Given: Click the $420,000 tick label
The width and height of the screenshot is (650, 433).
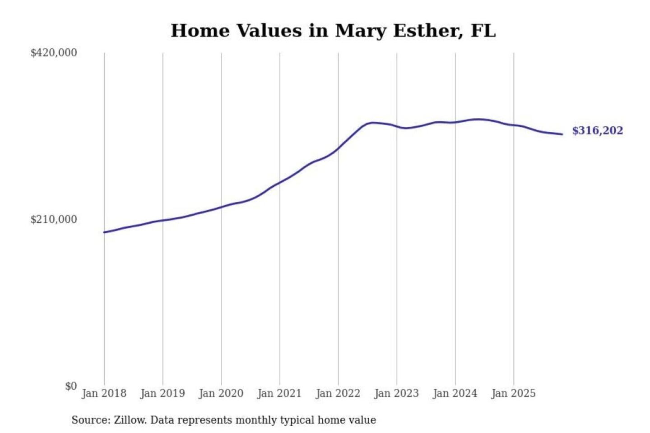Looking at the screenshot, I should tap(53, 53).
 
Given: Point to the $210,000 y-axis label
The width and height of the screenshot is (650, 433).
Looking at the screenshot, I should tap(53, 220).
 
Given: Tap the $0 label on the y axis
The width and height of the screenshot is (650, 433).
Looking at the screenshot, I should tap(71, 386).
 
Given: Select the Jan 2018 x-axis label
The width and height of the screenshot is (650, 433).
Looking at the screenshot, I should tap(104, 393).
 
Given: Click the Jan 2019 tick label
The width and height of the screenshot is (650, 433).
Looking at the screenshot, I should tap(162, 393).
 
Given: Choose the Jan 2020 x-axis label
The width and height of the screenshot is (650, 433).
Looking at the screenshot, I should tap(221, 393).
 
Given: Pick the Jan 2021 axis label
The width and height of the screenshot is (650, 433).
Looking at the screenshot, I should tap(279, 393).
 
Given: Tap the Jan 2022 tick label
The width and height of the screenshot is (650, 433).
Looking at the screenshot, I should tap(338, 393).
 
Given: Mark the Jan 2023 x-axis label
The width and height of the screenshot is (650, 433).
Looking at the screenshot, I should tap(396, 393).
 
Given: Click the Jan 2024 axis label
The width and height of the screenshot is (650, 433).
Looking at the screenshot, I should tap(455, 393).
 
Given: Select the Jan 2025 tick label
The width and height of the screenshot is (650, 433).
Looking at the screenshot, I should tap(513, 393).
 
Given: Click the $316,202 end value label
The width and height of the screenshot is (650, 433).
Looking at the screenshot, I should tap(597, 131).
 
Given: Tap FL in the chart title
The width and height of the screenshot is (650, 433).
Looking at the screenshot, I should tap(483, 31).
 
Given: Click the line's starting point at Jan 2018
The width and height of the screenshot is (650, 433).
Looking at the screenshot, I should tap(104, 232).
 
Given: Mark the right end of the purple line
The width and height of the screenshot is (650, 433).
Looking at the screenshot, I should tap(562, 134).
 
